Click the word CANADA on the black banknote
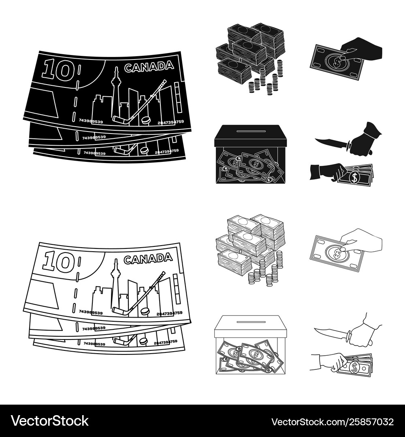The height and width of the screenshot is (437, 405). coord(149,67)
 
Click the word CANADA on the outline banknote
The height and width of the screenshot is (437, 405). coord(148,259)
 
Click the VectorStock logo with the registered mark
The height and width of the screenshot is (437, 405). coord(50,421)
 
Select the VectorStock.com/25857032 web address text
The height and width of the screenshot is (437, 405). coord(332,421)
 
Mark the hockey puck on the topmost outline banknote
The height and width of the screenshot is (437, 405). coord(144,312)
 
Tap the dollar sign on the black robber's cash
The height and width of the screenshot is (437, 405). coord(354,177)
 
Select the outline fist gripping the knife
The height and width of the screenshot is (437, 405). coord(361,336)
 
